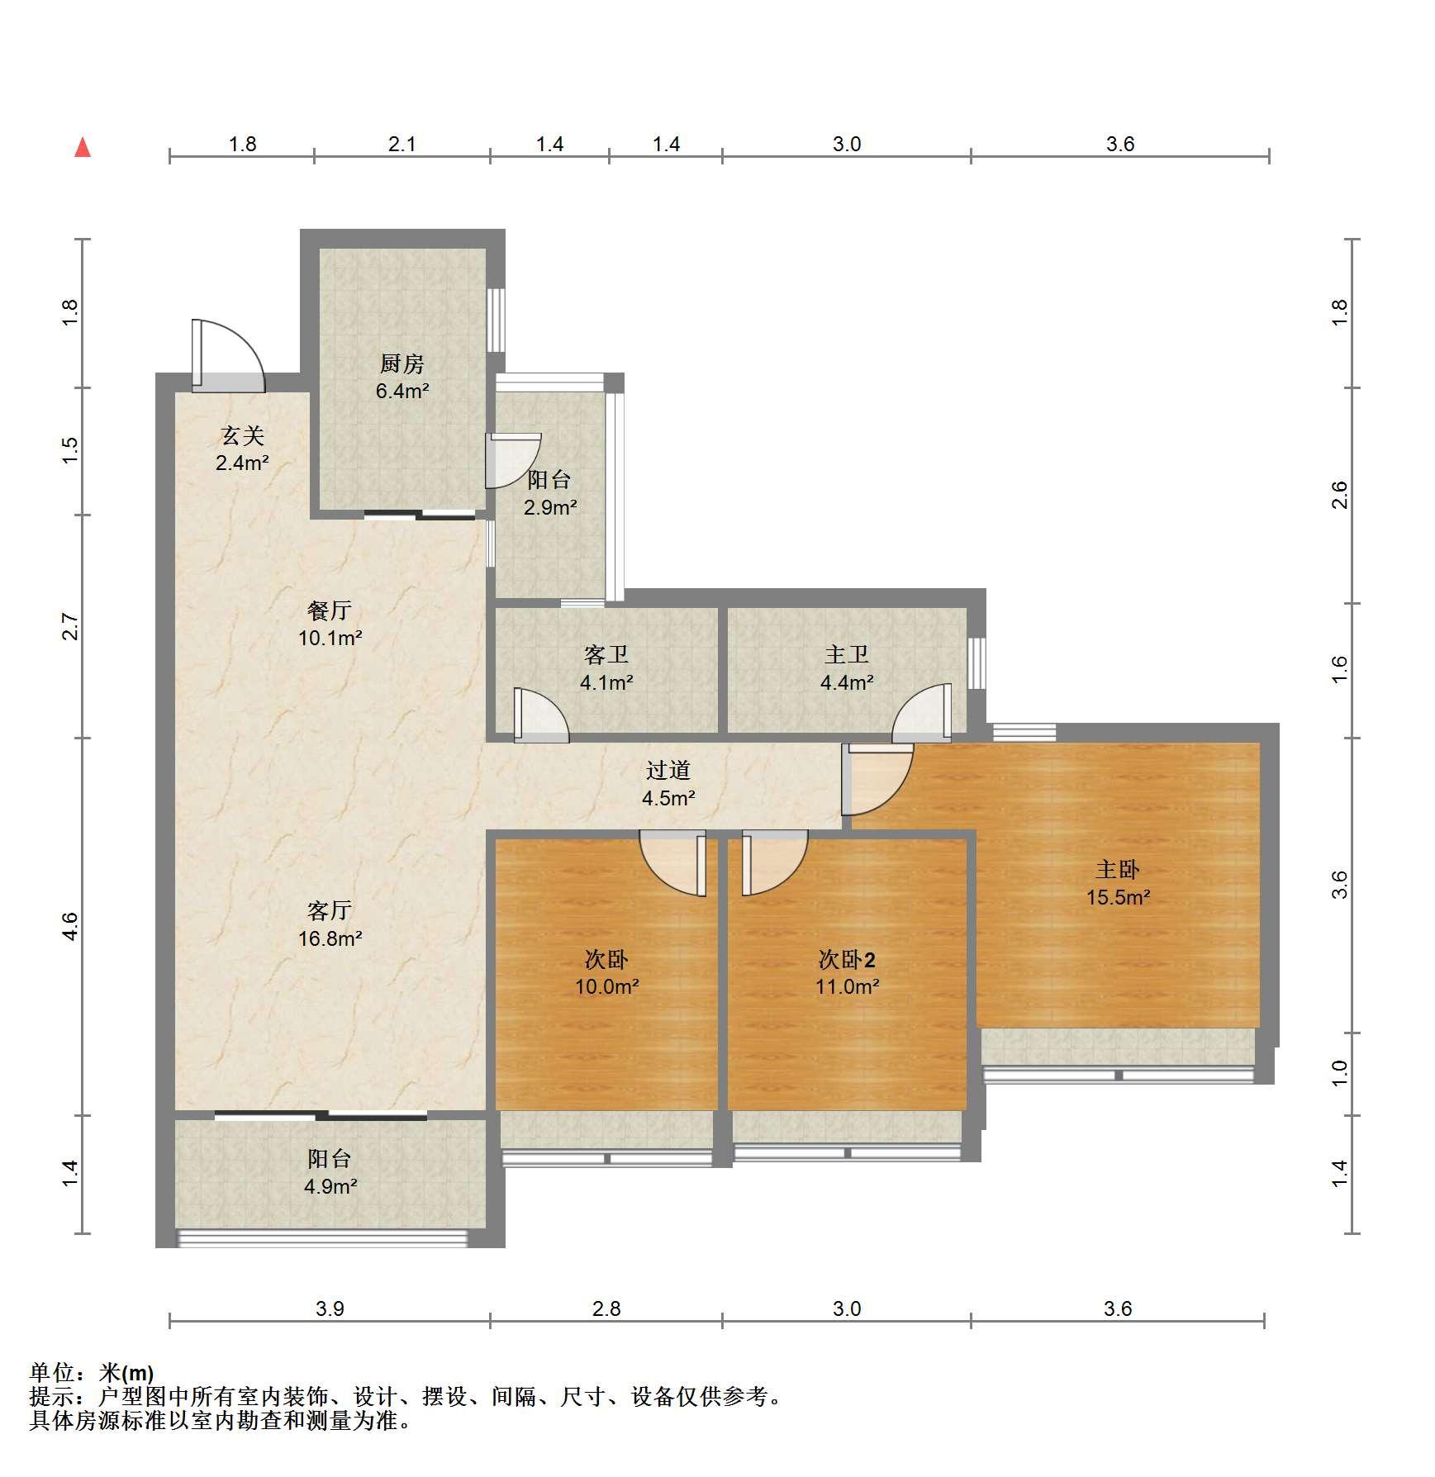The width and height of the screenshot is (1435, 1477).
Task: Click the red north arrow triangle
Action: click(x=83, y=148)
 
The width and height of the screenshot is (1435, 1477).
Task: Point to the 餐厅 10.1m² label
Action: click(x=330, y=624)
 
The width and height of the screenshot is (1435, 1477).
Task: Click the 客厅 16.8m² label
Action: click(x=330, y=924)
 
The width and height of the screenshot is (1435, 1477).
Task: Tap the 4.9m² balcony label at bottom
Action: click(x=330, y=1186)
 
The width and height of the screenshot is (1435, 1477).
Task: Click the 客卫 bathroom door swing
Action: click(x=541, y=715)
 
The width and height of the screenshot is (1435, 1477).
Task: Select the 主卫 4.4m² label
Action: click(x=847, y=668)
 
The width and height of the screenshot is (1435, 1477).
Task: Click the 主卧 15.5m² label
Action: click(x=1118, y=882)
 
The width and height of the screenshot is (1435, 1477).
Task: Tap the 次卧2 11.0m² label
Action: click(x=847, y=972)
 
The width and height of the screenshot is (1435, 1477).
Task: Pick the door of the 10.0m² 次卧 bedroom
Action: click(x=673, y=863)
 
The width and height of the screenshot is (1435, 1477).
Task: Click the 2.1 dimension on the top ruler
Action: click(x=402, y=144)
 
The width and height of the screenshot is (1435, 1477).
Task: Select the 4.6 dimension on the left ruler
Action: click(x=70, y=925)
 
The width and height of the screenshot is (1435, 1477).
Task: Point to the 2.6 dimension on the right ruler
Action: click(x=1339, y=495)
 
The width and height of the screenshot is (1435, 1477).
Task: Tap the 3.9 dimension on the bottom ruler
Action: click(x=330, y=1308)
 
